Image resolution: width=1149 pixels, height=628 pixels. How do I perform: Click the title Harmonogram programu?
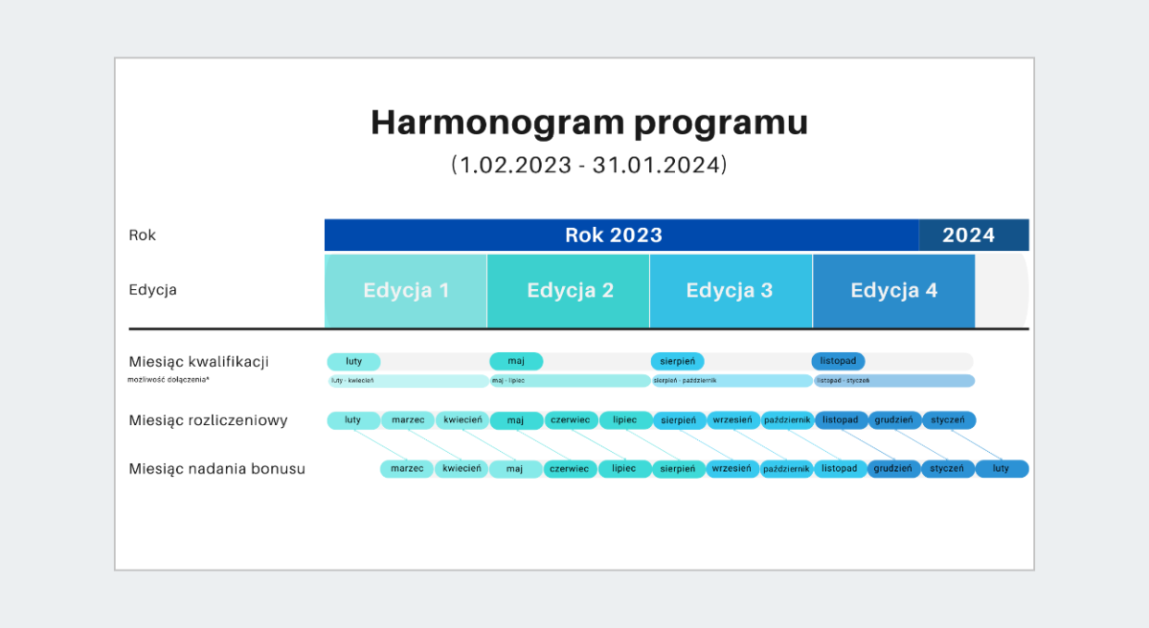[x=589, y=123]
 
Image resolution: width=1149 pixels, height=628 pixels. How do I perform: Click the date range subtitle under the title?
[x=589, y=165]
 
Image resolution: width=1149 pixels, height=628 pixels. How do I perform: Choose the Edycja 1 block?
[x=406, y=291]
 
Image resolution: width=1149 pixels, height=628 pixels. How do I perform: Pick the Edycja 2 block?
[x=569, y=291]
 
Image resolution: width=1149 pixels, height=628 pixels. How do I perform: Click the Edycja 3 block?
[x=731, y=291]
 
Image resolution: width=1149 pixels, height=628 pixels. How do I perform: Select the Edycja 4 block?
[x=893, y=291]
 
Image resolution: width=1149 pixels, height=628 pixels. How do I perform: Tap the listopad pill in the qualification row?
[x=839, y=361]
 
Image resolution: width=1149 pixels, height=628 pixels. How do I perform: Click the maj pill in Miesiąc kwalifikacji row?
[x=516, y=361]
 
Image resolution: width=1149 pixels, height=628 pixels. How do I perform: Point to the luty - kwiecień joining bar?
[x=408, y=381]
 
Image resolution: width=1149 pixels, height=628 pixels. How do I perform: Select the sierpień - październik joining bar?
[x=732, y=381]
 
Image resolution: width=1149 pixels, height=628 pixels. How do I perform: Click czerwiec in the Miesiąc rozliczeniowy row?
[x=572, y=420]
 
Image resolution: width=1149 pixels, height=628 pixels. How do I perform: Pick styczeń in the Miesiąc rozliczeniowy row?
[x=949, y=420]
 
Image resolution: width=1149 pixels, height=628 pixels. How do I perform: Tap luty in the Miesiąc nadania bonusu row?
[x=1002, y=469]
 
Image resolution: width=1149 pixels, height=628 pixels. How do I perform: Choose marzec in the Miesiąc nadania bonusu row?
[x=407, y=469]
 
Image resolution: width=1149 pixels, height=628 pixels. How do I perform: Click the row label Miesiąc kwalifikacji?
[x=198, y=362]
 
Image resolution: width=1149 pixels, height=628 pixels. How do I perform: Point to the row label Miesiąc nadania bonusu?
[x=216, y=469]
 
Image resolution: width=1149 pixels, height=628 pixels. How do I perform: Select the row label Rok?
[x=143, y=235]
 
